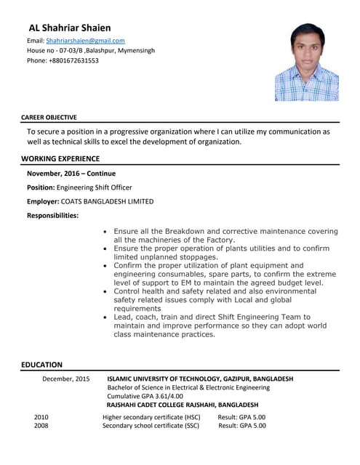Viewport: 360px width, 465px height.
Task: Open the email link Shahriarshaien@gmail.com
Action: (x=85, y=41)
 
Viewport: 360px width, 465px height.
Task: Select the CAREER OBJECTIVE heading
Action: (x=49, y=117)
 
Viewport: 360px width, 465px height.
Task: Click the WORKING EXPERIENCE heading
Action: (x=60, y=158)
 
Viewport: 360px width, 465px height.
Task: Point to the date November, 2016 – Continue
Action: (x=71, y=174)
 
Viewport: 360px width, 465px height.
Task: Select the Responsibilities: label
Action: (x=53, y=215)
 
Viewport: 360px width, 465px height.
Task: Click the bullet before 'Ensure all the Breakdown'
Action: (x=106, y=232)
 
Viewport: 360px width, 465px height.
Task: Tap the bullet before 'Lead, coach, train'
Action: (x=106, y=318)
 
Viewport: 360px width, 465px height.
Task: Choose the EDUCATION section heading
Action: (x=41, y=365)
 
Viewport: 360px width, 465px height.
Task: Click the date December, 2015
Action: (x=66, y=379)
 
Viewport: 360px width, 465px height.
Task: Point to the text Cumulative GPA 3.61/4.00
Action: (x=145, y=396)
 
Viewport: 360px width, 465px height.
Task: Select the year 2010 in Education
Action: (x=41, y=417)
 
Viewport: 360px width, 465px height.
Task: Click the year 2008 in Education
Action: (x=41, y=426)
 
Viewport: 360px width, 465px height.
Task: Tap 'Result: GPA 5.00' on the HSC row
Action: (x=241, y=417)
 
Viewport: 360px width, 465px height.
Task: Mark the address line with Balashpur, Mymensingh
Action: (x=90, y=51)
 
